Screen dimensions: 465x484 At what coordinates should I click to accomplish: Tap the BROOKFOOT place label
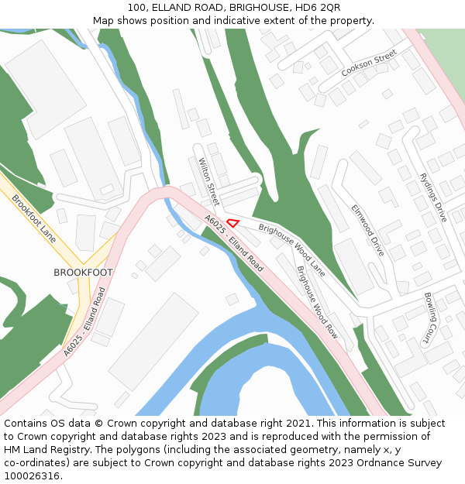83,273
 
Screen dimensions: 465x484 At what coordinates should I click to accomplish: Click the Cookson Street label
369,63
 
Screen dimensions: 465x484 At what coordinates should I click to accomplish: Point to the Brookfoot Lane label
34,218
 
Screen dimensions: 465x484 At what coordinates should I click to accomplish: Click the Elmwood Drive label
367,231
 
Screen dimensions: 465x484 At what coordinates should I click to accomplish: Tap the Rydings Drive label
432,197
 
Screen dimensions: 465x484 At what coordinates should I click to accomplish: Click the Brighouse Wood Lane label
292,250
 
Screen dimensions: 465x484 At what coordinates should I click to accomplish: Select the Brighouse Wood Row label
318,303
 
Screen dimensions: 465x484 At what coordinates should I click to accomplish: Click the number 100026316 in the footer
33,476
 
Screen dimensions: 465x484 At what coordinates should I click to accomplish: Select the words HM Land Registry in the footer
44,450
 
